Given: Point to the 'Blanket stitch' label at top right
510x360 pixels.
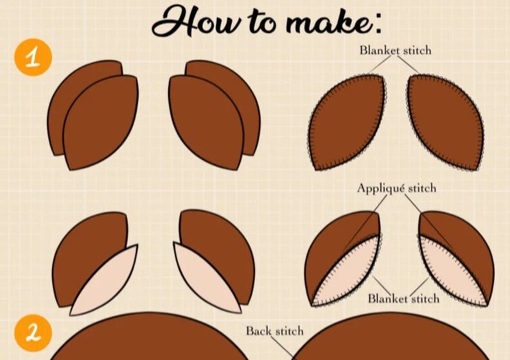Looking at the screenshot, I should (x=395, y=50).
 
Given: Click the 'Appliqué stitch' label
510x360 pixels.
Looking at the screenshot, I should (x=396, y=188).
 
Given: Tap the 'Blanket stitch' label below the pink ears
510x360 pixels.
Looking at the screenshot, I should (x=403, y=298).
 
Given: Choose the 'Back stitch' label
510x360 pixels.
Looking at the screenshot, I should (x=274, y=331).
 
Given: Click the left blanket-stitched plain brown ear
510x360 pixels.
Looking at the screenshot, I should (x=347, y=122).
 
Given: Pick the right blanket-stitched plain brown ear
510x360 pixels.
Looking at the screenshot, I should (x=445, y=122).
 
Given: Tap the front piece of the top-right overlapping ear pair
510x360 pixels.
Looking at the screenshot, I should (x=206, y=122).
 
